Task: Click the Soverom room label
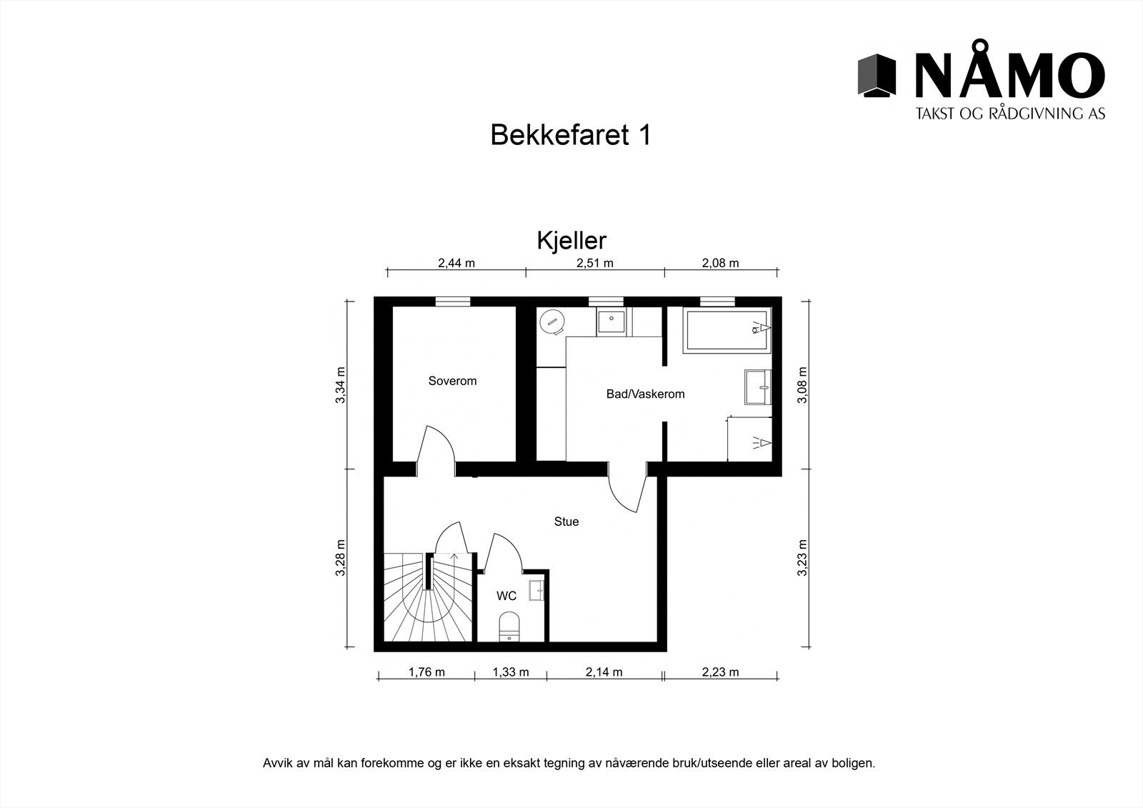452,381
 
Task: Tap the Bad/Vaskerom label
645,394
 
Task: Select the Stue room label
566,522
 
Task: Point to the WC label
506,596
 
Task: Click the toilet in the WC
509,627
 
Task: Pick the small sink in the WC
536,591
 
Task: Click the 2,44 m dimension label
456,263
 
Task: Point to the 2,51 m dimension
595,263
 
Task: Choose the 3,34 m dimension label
341,385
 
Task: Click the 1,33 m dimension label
511,672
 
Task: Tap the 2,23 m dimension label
720,672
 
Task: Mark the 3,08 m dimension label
803,385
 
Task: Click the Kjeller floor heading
571,241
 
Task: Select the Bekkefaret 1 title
570,134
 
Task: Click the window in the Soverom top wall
453,301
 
